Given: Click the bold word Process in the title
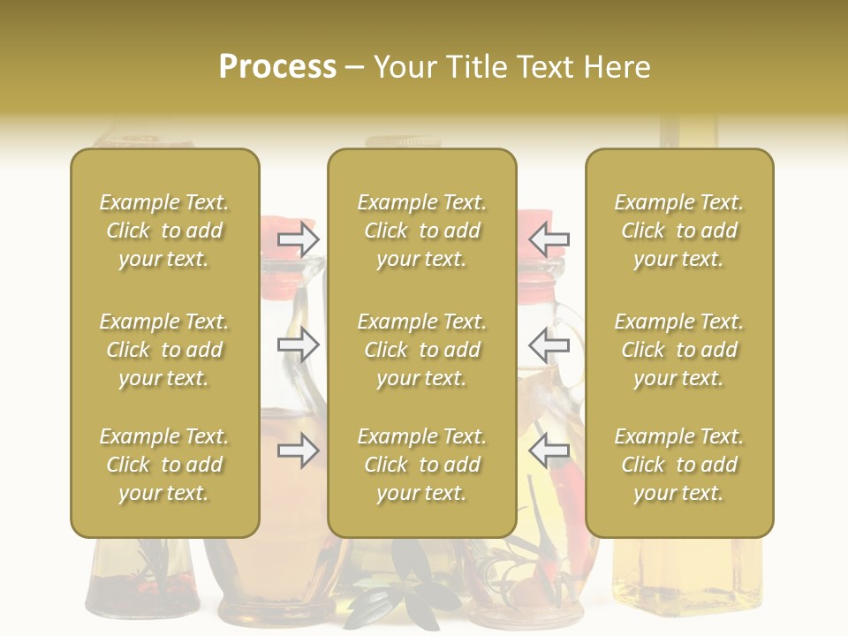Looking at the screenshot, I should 277,67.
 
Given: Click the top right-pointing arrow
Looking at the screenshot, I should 299,238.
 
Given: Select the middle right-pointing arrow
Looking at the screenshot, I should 299,344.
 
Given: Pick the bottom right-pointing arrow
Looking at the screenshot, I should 299,451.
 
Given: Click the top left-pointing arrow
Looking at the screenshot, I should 549,238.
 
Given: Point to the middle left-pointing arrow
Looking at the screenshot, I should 549,344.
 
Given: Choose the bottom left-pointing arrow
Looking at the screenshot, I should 549,451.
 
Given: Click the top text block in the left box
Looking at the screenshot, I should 164,231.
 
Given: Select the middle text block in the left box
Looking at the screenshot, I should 164,350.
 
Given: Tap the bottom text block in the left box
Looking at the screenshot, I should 164,465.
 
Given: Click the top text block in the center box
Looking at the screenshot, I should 422,231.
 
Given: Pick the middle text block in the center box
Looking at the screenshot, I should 422,350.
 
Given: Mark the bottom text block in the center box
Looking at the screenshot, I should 422,465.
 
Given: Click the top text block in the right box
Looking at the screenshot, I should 679,231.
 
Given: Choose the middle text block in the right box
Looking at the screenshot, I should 679,350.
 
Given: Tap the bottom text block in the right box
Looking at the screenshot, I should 679,465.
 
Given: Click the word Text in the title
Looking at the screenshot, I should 548,67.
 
